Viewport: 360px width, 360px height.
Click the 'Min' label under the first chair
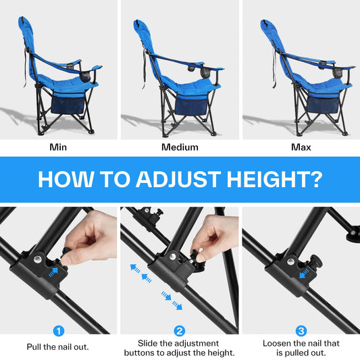[58, 147]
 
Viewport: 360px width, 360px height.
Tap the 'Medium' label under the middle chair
[180, 147]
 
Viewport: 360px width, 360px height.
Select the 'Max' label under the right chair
[301, 147]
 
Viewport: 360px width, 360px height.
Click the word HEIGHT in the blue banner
[267, 179]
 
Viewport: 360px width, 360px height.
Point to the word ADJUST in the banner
[178, 179]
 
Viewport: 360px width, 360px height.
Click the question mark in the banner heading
[315, 179]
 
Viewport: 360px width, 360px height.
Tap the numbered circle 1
[59, 331]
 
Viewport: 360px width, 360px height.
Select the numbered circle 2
[179, 331]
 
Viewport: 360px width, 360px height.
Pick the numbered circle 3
[301, 331]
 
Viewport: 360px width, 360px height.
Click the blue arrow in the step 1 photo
[53, 272]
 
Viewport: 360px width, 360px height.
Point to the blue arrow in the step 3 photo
[304, 274]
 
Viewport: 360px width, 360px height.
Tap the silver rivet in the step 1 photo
[37, 259]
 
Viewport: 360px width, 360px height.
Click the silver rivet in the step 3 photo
[291, 261]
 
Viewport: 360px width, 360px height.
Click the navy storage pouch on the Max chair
[324, 104]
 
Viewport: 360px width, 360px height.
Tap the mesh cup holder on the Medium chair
[205, 72]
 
